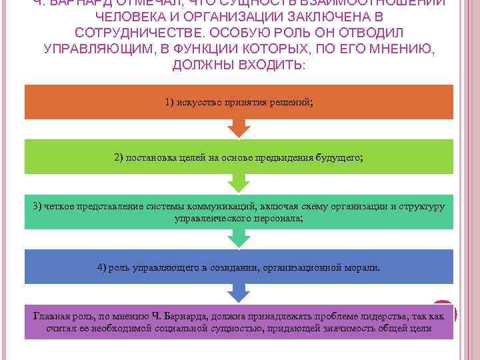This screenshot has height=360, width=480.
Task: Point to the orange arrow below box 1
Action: (x=239, y=127)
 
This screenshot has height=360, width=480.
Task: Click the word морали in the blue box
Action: (x=363, y=267)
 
